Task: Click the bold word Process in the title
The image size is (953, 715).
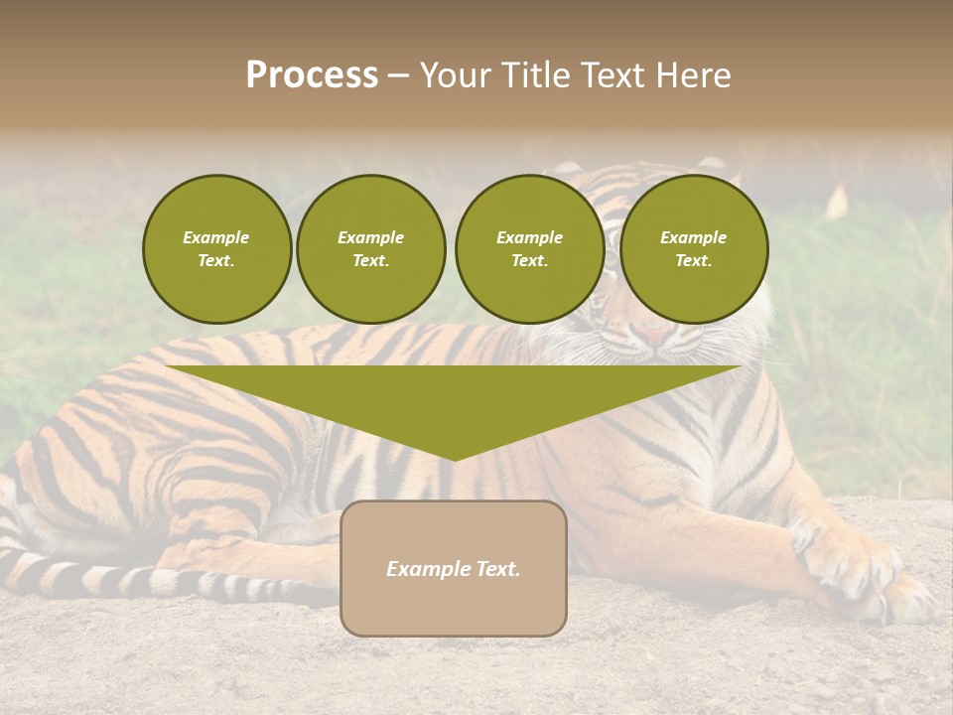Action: click(x=312, y=75)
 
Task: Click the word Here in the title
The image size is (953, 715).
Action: click(x=691, y=75)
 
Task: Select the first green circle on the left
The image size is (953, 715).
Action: click(x=216, y=248)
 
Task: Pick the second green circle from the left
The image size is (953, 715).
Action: click(x=370, y=248)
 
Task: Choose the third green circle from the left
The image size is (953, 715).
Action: click(x=529, y=248)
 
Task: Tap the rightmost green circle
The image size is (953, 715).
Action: click(x=693, y=248)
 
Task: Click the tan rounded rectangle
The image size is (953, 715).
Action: click(x=453, y=568)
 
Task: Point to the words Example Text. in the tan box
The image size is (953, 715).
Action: click(x=453, y=569)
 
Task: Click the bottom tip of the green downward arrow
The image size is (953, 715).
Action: click(x=454, y=457)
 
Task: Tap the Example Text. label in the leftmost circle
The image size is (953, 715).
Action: click(x=216, y=249)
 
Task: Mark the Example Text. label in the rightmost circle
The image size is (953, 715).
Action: click(x=693, y=249)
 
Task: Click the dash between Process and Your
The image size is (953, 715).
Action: click(x=398, y=76)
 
